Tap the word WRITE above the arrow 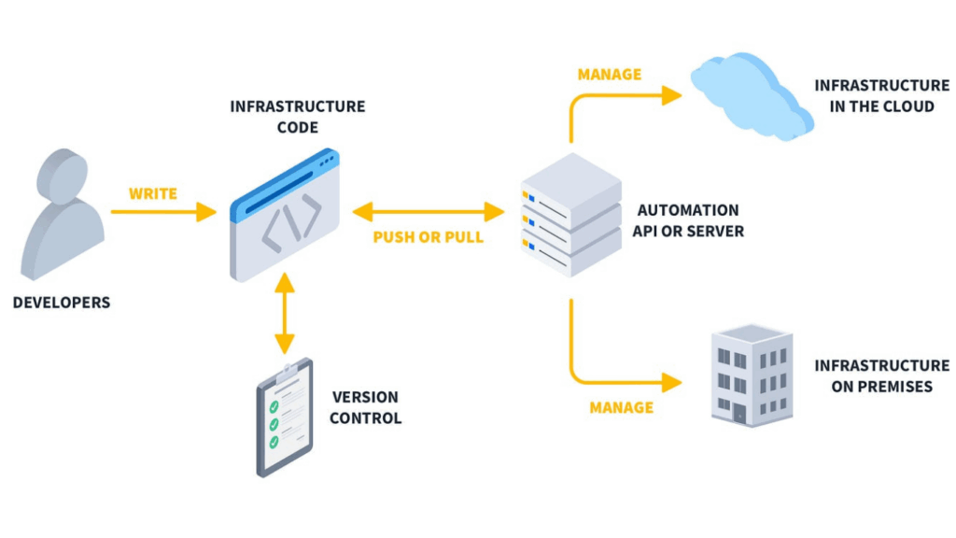pyautogui.click(x=153, y=194)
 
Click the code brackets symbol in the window pyautogui.click(x=290, y=224)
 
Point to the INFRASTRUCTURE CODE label pyautogui.click(x=298, y=117)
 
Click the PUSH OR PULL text pyautogui.click(x=429, y=237)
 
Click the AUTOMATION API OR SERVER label pyautogui.click(x=687, y=220)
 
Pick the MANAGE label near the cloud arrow pyautogui.click(x=610, y=75)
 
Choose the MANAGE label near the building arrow pyautogui.click(x=622, y=407)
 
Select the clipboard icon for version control pyautogui.click(x=285, y=417)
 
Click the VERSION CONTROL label pyautogui.click(x=365, y=407)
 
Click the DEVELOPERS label pyautogui.click(x=62, y=303)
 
